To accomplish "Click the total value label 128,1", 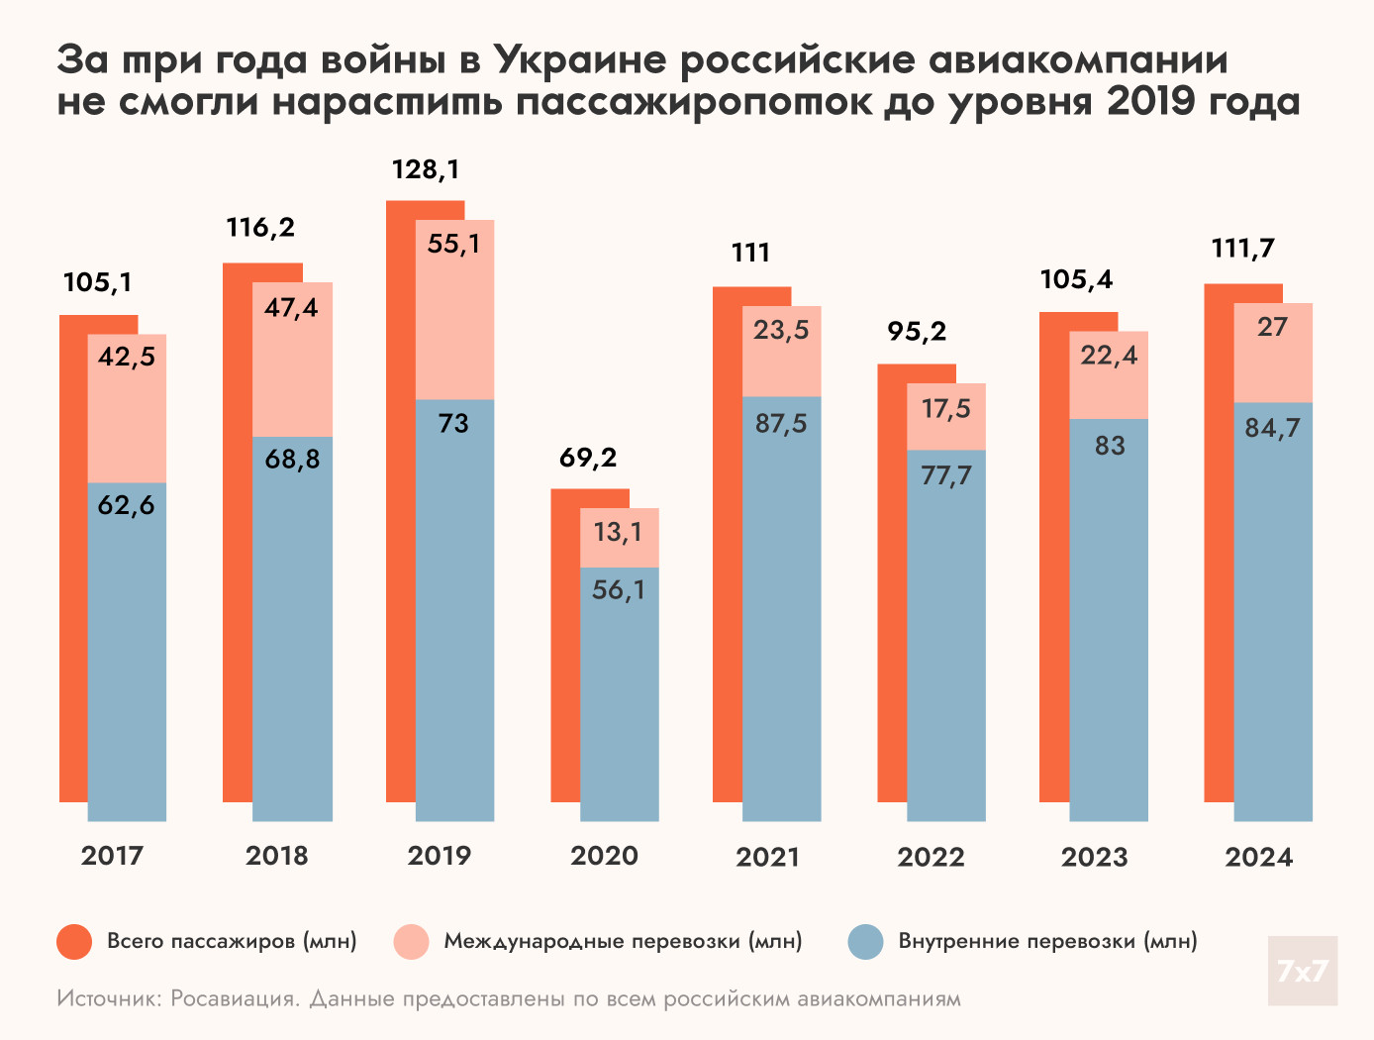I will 426,169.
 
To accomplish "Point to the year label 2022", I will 931,857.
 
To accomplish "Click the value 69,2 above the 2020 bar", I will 588,458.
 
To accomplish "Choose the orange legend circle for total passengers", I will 74,941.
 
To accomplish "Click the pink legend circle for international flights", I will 411,941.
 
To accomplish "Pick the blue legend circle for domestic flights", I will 866,941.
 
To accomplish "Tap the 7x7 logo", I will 1302,971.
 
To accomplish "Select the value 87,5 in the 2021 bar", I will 781,424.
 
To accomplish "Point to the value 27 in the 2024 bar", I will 1272,327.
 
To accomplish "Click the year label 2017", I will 112,856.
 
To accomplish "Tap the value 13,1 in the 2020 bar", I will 618,533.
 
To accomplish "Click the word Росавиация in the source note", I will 234,998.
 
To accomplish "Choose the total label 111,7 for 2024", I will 1243,249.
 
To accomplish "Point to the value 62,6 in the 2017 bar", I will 127,505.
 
